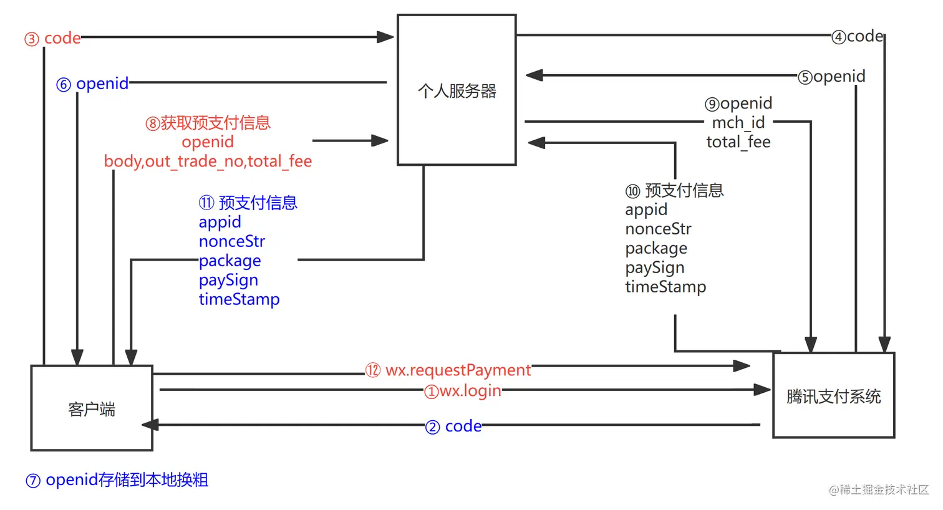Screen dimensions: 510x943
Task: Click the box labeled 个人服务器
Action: [457, 90]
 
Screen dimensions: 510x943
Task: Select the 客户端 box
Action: [92, 408]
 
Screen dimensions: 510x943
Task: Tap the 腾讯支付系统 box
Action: [833, 396]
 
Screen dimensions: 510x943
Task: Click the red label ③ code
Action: [53, 39]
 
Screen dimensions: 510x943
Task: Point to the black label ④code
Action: [858, 37]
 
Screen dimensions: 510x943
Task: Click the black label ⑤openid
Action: [832, 77]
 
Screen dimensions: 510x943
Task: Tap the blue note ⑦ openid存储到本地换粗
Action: [117, 480]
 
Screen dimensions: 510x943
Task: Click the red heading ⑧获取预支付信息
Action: [208, 123]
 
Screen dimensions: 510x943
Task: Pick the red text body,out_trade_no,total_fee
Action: [208, 161]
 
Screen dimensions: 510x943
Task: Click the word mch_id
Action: [738, 123]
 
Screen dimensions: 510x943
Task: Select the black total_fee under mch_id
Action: [738, 142]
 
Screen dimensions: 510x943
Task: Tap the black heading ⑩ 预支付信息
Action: [674, 190]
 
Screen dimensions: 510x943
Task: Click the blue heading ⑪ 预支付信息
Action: [248, 203]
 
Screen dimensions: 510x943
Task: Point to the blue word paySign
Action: [228, 280]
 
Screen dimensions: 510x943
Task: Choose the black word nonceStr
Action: [658, 229]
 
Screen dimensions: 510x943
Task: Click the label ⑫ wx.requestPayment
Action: [448, 370]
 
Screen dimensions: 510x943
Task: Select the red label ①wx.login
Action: [463, 391]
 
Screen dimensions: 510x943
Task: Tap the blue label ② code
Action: [453, 426]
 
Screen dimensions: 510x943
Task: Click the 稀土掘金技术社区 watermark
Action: [879, 490]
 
